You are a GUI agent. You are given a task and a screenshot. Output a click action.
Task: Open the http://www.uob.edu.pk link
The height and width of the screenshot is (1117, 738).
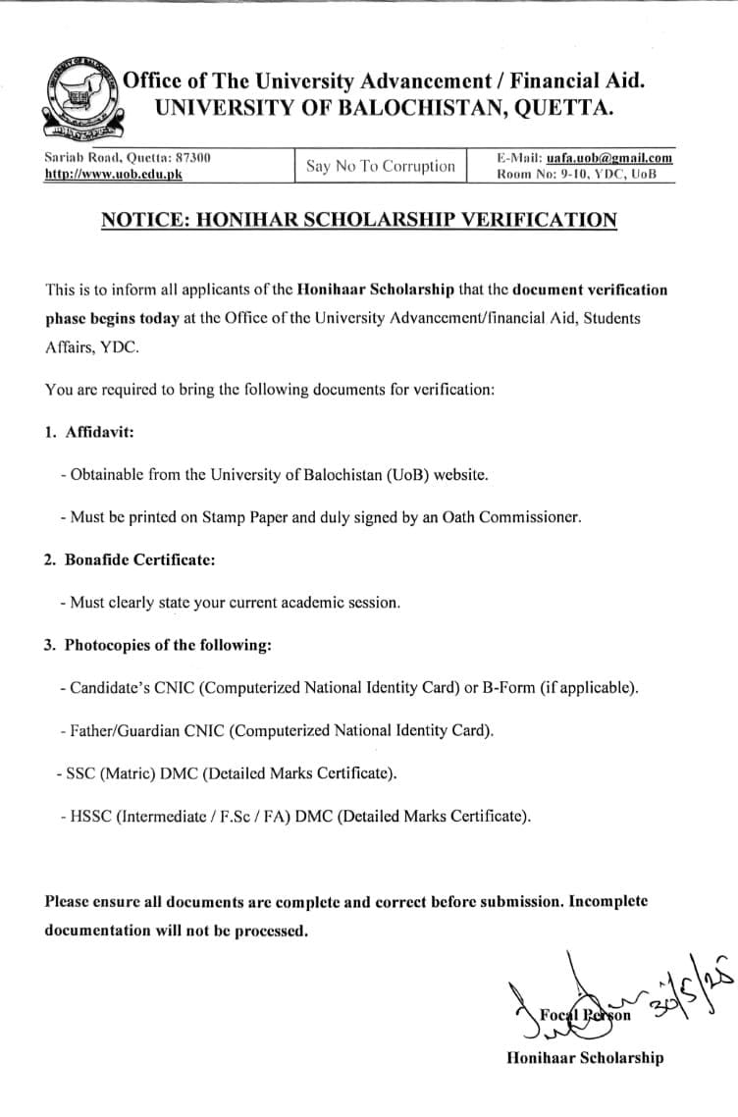pyautogui.click(x=114, y=174)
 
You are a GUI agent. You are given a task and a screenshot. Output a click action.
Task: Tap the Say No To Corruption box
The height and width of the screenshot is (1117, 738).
pyautogui.click(x=381, y=166)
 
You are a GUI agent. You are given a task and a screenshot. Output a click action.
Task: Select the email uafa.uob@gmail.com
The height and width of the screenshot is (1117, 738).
pyautogui.click(x=609, y=157)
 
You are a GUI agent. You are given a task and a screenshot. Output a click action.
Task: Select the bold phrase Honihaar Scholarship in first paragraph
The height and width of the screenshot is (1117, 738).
pyautogui.click(x=376, y=290)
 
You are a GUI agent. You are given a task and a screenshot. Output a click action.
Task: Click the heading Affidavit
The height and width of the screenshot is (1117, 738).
pyautogui.click(x=99, y=432)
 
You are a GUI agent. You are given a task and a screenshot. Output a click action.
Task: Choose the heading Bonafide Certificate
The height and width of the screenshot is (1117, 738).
pyautogui.click(x=139, y=559)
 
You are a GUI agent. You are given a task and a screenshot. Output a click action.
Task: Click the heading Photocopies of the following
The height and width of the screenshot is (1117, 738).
pyautogui.click(x=168, y=645)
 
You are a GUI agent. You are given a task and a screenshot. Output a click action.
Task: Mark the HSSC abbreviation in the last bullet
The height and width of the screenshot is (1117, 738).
pyautogui.click(x=90, y=816)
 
